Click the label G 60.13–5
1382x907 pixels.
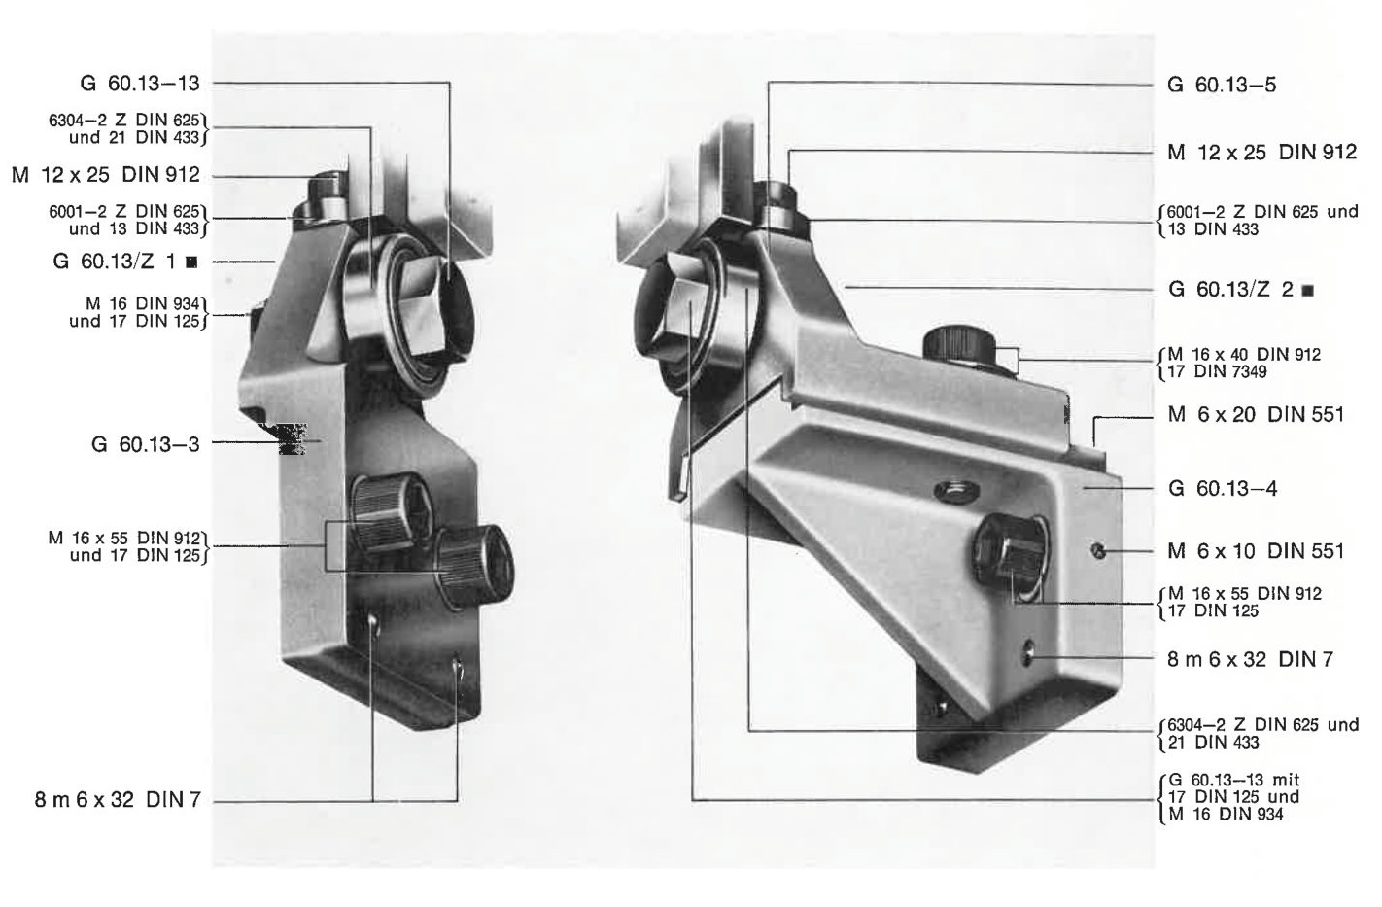pyautogui.click(x=1222, y=85)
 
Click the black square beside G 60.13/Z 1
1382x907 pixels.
pyautogui.click(x=191, y=262)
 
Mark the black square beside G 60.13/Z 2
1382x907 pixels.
pyautogui.click(x=1307, y=290)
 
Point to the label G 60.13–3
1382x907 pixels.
pyautogui.click(x=146, y=443)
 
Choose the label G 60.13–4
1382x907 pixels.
pyautogui.click(x=1223, y=488)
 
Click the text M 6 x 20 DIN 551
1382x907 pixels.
pyautogui.click(x=1256, y=414)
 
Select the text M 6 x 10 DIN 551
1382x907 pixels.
pyautogui.click(x=1256, y=550)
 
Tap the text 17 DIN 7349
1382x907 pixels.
pyautogui.click(x=1218, y=371)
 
